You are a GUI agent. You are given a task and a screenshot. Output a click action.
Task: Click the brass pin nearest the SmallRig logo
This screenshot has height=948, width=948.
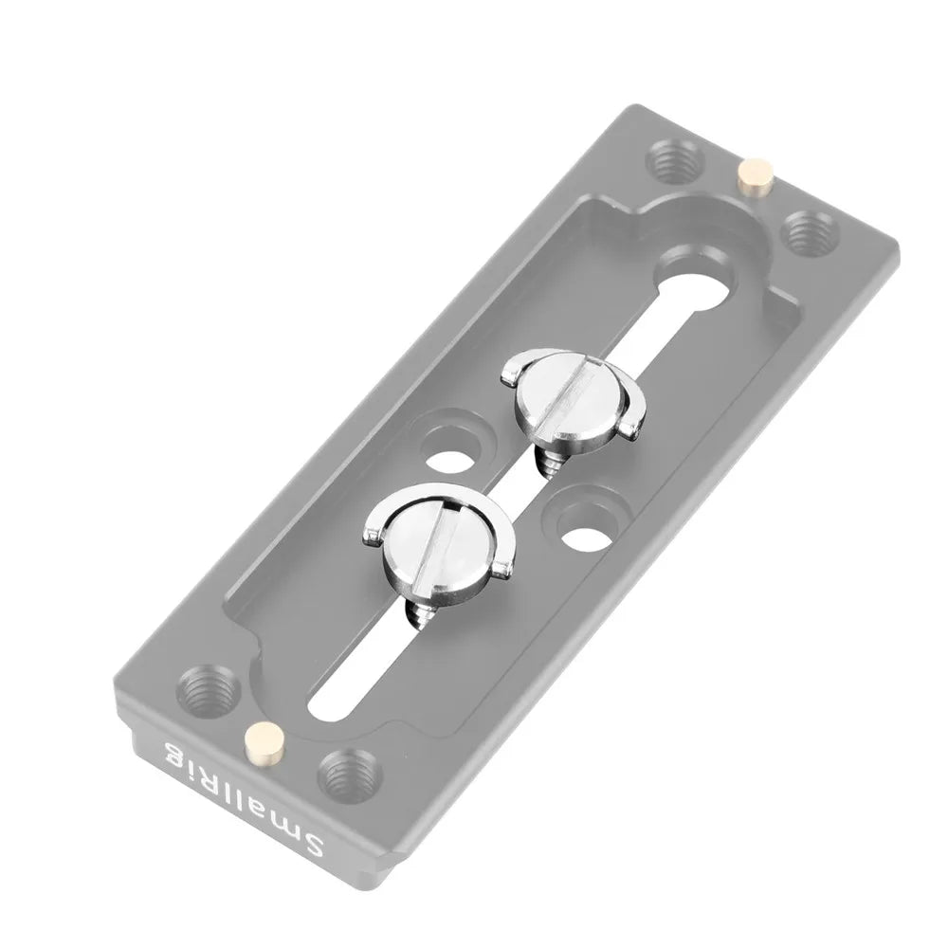264,739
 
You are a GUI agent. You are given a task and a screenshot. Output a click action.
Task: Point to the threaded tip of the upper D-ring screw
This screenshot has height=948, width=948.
552,462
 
